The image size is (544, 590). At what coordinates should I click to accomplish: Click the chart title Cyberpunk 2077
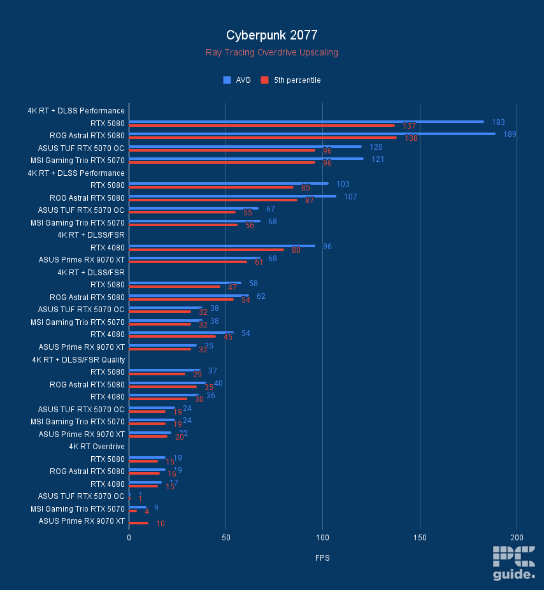point(271,35)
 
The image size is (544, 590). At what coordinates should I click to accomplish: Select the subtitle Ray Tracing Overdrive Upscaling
point(271,52)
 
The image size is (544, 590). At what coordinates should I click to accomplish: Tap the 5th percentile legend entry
point(291,80)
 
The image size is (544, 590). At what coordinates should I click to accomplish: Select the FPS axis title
point(322,558)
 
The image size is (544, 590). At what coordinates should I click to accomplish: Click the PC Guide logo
point(513,563)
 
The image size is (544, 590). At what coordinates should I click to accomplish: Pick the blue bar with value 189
point(312,134)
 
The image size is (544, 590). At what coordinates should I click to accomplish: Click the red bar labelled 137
point(262,125)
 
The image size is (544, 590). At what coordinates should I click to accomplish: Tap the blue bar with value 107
point(233,196)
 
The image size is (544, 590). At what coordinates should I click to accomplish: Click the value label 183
point(498,122)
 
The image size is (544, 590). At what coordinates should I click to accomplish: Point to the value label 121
point(377,159)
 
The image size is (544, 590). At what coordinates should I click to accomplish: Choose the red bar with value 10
point(139,523)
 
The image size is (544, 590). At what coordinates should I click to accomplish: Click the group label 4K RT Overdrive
point(97,447)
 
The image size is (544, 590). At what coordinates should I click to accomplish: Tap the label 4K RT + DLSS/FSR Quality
point(79,360)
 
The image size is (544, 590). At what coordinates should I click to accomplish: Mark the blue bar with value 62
point(189,296)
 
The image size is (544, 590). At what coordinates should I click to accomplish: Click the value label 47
point(233,287)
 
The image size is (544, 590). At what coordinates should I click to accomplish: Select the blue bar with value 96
point(222,246)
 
